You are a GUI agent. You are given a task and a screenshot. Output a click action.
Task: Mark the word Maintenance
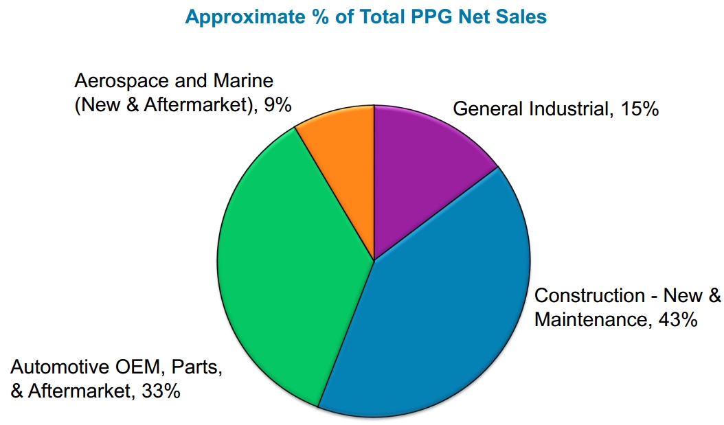point(589,319)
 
